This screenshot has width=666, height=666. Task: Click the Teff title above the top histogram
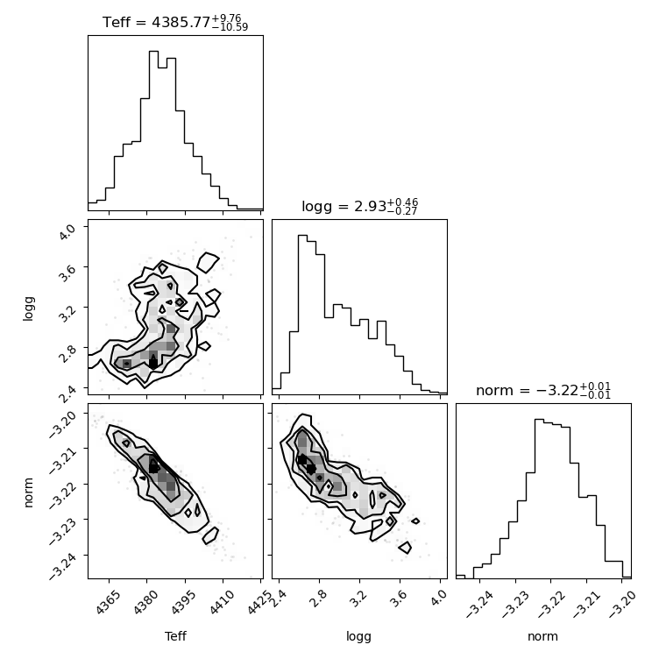click(x=175, y=22)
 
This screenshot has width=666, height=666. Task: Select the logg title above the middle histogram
click(x=360, y=207)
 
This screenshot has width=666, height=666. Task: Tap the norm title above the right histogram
click(x=543, y=390)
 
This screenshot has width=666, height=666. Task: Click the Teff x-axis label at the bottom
click(x=175, y=636)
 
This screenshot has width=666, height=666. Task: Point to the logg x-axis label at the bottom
click(x=359, y=637)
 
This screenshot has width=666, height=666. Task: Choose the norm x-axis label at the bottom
click(x=542, y=637)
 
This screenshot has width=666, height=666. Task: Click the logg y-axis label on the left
click(x=28, y=308)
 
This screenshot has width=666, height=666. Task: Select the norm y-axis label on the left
click(x=28, y=492)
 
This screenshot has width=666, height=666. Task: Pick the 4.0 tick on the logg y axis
click(x=67, y=232)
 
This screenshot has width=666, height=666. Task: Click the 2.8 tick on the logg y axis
click(x=67, y=353)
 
